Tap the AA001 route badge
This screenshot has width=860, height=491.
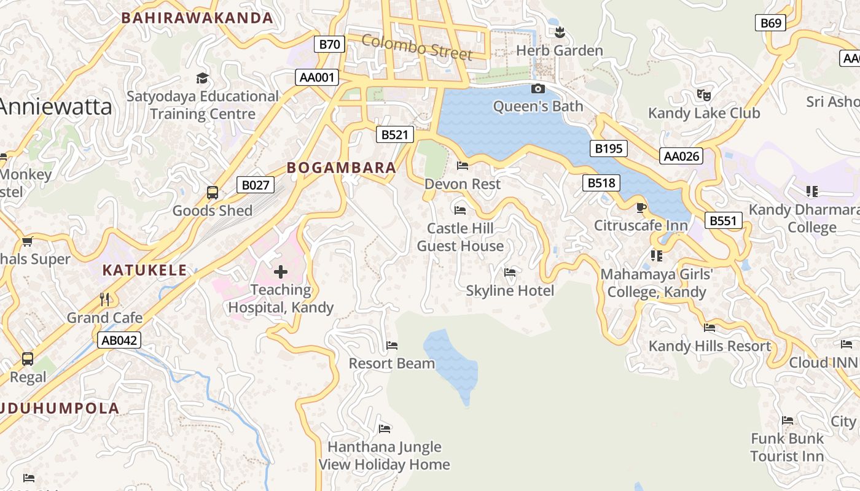pos(316,77)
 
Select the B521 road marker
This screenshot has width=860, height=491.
pos(394,135)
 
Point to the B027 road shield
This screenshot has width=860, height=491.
pos(256,185)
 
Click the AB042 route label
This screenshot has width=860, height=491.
pos(119,340)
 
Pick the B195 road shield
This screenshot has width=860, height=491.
pos(609,148)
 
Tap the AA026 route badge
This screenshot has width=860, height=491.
pos(682,156)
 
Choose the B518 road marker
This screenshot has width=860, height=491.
pos(601,182)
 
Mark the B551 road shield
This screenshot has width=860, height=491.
pos(723,221)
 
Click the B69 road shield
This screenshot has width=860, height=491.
pos(771,23)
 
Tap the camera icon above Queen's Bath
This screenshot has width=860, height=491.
pos(537,89)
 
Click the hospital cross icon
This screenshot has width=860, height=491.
pos(281,271)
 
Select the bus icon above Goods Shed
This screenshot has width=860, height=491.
pos(213,193)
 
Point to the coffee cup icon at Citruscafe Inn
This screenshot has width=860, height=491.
pos(641,207)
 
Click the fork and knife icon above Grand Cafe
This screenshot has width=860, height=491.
pos(104,300)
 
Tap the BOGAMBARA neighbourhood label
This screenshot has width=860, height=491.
pos(342,168)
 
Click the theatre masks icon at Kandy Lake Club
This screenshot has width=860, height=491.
pos(703,95)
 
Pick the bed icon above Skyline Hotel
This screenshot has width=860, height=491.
pos(510,273)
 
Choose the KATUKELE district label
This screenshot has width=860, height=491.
pos(144,270)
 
